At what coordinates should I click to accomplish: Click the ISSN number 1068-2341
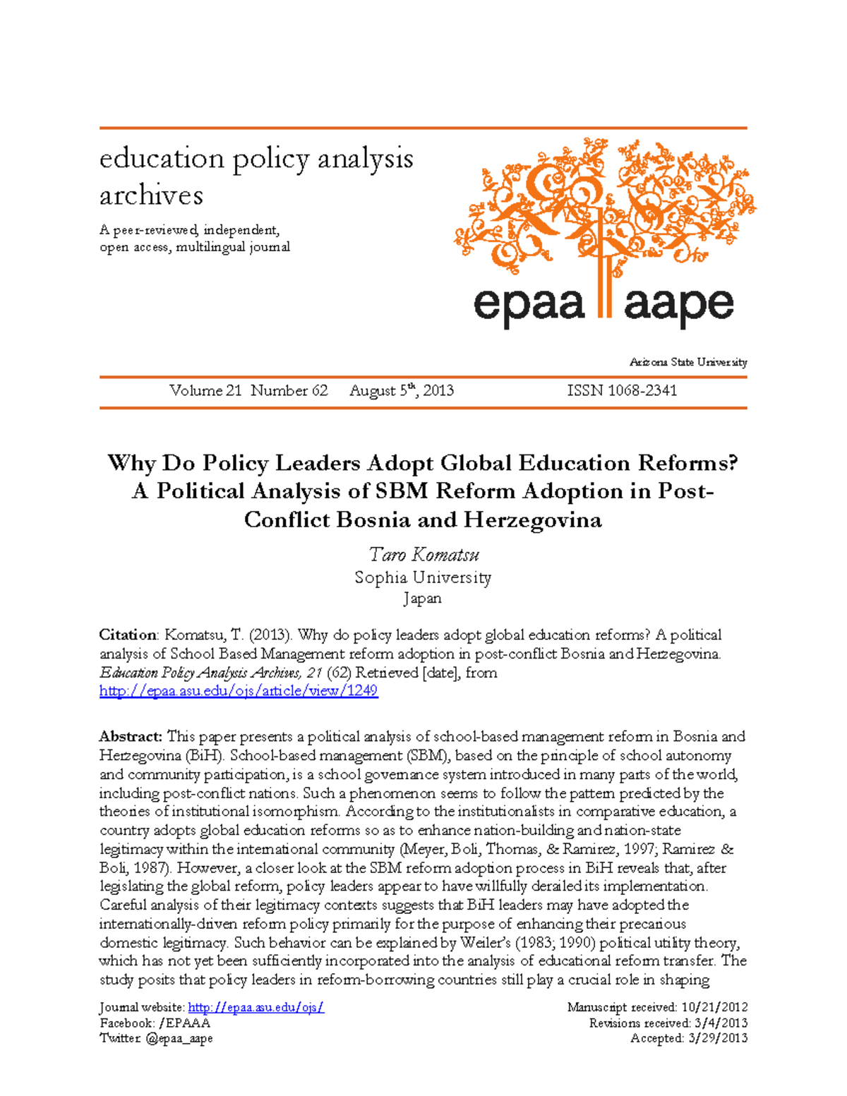click(x=622, y=391)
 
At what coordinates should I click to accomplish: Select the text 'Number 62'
click(x=289, y=391)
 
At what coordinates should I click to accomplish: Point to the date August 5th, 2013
click(x=401, y=391)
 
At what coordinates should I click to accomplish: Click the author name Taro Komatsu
click(x=423, y=555)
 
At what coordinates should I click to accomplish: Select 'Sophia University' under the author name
click(x=423, y=578)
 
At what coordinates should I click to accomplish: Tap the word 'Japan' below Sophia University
click(x=423, y=598)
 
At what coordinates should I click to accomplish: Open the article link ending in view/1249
click(x=239, y=691)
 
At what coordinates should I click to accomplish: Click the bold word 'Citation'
click(x=128, y=635)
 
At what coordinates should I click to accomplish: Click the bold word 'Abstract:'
click(x=131, y=737)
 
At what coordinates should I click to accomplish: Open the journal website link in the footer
click(x=256, y=1008)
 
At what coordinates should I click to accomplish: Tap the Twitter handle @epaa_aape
click(x=179, y=1039)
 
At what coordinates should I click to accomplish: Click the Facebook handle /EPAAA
click(x=185, y=1023)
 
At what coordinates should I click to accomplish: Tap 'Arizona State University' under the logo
click(x=688, y=363)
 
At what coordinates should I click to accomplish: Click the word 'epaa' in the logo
click(x=529, y=305)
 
